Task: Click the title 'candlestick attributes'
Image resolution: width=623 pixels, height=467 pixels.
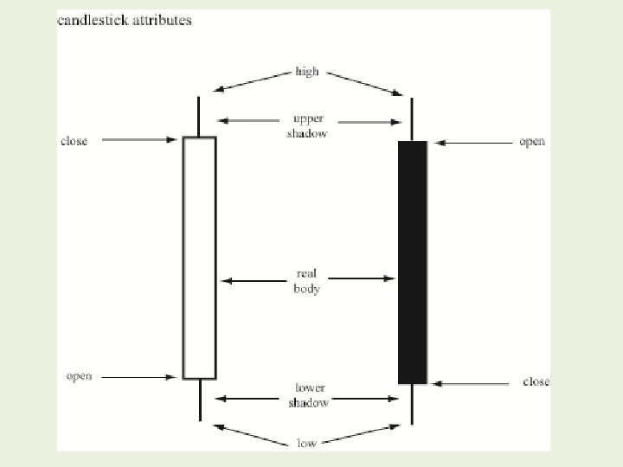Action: click(x=124, y=20)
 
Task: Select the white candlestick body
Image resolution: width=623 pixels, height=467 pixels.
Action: click(x=199, y=257)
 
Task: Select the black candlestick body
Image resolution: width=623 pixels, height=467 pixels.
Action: click(x=412, y=262)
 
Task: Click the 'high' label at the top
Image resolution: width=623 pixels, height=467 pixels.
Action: click(x=307, y=73)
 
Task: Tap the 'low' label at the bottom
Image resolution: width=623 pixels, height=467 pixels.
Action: click(x=306, y=443)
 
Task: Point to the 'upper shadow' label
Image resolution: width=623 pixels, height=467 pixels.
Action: click(x=307, y=126)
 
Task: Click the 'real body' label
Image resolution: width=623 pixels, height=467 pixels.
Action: click(x=306, y=282)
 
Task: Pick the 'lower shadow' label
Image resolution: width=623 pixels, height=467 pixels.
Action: click(x=309, y=395)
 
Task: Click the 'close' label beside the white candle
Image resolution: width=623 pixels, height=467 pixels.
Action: click(x=74, y=141)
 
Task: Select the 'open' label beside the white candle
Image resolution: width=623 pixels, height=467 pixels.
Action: click(x=80, y=376)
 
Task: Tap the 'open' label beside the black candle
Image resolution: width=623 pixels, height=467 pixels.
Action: click(x=532, y=142)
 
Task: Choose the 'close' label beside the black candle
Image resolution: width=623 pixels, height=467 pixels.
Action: click(x=536, y=381)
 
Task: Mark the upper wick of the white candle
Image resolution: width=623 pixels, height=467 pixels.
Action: click(x=199, y=116)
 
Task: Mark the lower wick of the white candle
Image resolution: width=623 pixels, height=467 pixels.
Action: click(x=199, y=400)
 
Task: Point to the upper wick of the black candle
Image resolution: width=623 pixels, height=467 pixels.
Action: click(x=412, y=119)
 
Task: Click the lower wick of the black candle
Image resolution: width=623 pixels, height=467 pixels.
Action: click(x=412, y=404)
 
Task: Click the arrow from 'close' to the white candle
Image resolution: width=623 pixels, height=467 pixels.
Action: click(x=139, y=139)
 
